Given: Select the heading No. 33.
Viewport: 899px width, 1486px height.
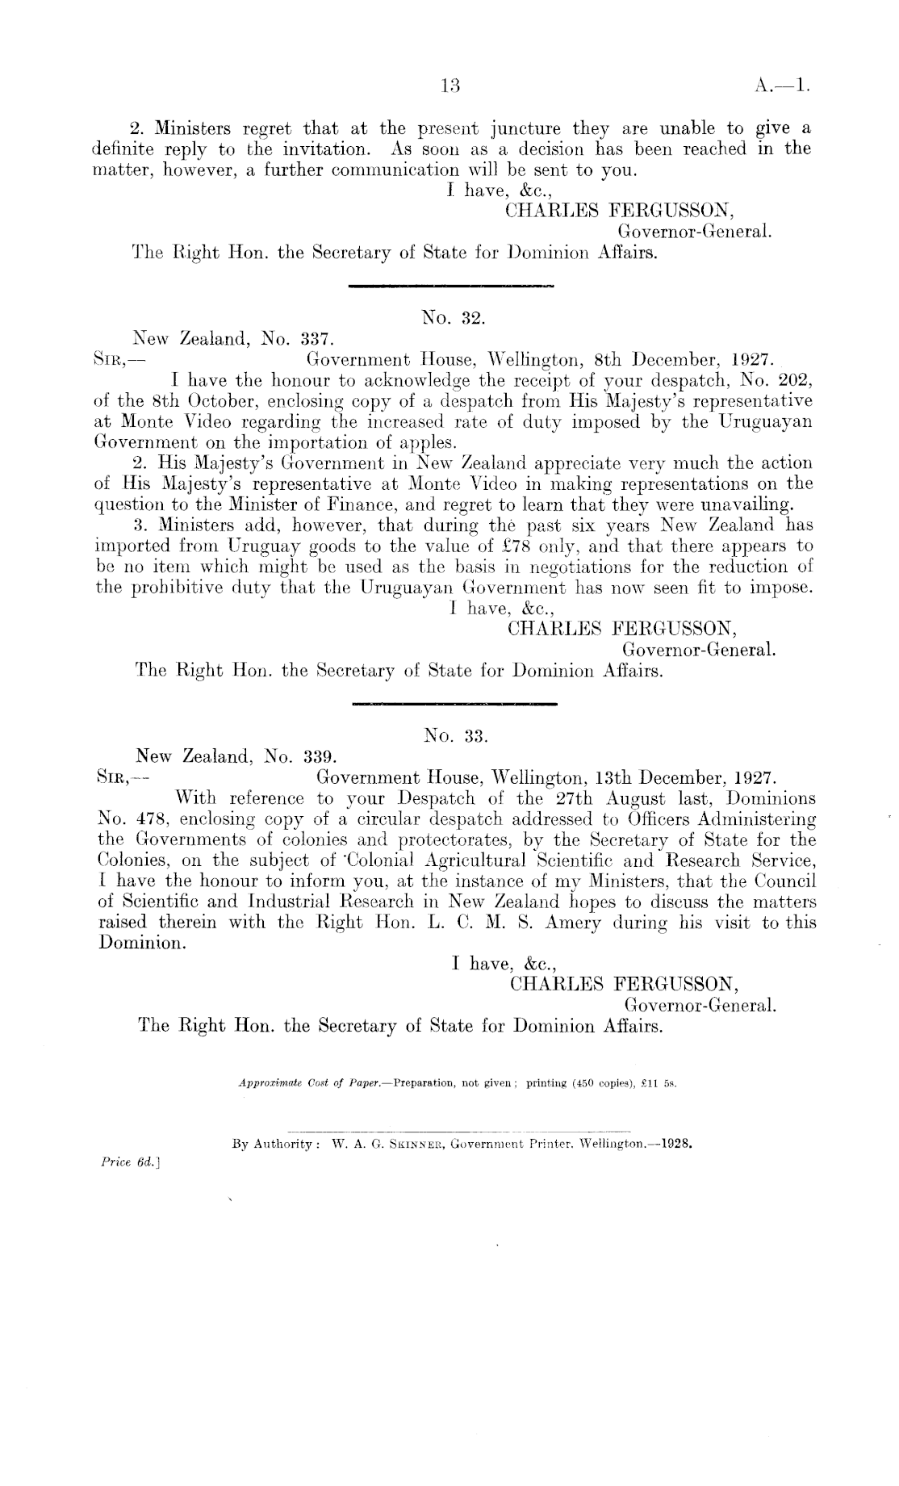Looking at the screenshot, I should pos(457,736).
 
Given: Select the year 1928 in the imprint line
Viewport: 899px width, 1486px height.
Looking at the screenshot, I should pos(677,1145).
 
